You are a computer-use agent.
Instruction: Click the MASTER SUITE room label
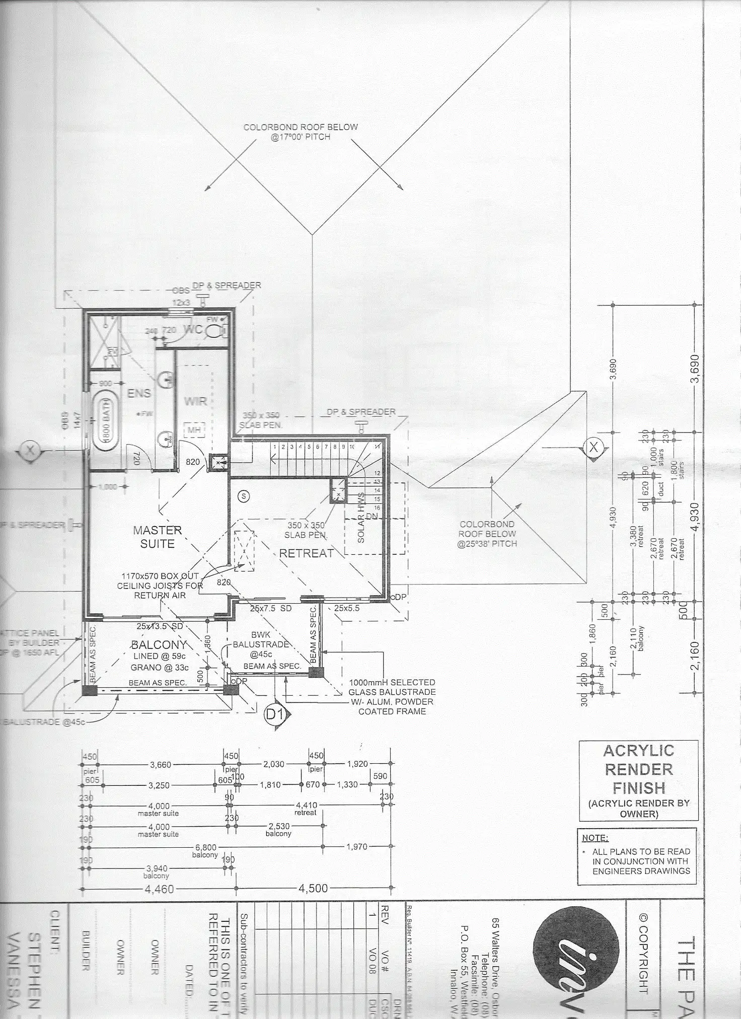(157, 537)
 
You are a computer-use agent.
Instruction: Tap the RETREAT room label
(306, 553)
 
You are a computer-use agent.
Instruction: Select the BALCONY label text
(159, 645)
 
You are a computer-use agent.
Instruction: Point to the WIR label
(195, 401)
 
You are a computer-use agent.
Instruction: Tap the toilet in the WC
(218, 330)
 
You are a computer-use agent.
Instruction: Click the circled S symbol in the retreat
(244, 496)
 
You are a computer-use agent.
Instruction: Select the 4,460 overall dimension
(159, 889)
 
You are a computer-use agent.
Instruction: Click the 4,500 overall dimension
(313, 889)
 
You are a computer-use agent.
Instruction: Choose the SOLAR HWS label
(361, 524)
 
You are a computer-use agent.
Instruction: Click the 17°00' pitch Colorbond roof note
(301, 132)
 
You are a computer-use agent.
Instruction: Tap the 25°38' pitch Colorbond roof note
(487, 534)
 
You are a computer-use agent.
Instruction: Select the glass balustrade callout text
(392, 697)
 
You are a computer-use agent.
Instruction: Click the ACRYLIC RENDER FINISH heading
(638, 769)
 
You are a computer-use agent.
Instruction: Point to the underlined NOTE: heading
(595, 838)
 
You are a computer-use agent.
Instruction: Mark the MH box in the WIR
(194, 430)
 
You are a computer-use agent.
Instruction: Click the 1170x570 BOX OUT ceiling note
(160, 586)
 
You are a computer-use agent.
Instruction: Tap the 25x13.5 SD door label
(160, 627)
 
